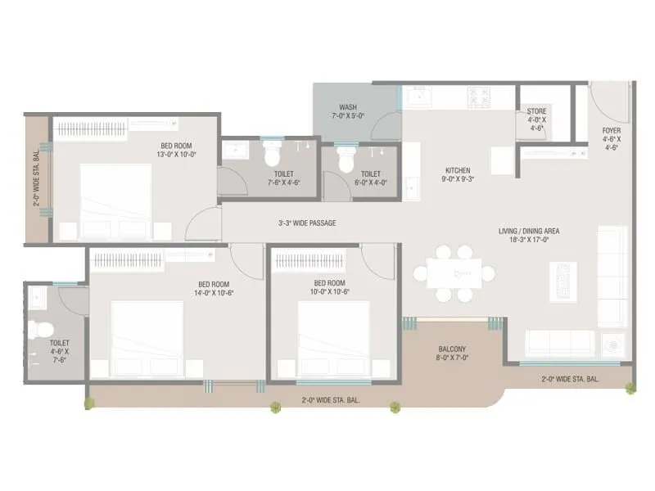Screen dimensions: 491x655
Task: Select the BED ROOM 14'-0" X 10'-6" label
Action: coord(215,288)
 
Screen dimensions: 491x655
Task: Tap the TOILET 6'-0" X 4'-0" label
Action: coord(370,178)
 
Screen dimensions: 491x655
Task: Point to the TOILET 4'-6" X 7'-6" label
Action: coord(59,350)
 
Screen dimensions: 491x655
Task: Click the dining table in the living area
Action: coord(454,273)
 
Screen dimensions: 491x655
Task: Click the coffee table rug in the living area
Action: coord(562,282)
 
